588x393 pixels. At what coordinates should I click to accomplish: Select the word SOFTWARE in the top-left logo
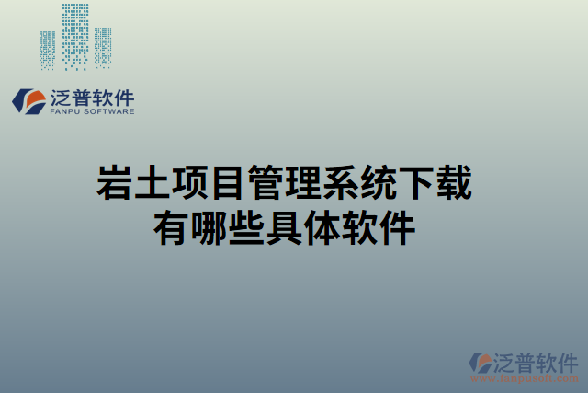point(108,112)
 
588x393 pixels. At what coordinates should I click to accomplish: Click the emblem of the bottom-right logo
point(482,362)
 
